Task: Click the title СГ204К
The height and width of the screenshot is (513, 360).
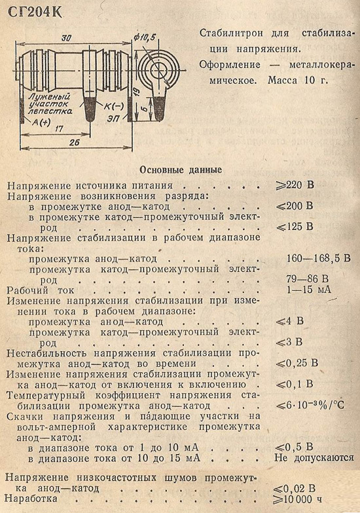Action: (x=33, y=12)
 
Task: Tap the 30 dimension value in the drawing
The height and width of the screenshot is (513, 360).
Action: (x=66, y=38)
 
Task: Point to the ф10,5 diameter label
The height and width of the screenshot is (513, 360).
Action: (x=145, y=37)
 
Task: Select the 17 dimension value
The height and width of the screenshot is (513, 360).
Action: (x=58, y=129)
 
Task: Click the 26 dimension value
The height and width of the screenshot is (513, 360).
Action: (x=75, y=143)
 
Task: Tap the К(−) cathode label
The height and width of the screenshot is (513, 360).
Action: (x=114, y=106)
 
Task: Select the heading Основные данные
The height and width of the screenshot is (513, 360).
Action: (x=181, y=170)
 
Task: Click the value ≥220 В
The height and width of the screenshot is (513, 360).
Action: (x=295, y=185)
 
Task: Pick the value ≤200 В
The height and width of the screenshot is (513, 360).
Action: (x=295, y=206)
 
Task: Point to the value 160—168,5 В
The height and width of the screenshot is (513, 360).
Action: (x=319, y=258)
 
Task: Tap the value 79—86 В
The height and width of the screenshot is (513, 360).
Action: (x=308, y=278)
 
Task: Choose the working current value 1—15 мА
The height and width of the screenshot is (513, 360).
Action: (x=309, y=290)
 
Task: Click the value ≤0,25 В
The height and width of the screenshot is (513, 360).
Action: (x=297, y=363)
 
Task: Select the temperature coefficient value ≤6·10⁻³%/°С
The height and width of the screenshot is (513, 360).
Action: (x=310, y=405)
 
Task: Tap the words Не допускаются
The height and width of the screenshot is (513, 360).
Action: (x=314, y=458)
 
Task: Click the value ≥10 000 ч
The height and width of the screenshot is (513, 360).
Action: (x=298, y=500)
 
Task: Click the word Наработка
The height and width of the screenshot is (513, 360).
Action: (x=31, y=499)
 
